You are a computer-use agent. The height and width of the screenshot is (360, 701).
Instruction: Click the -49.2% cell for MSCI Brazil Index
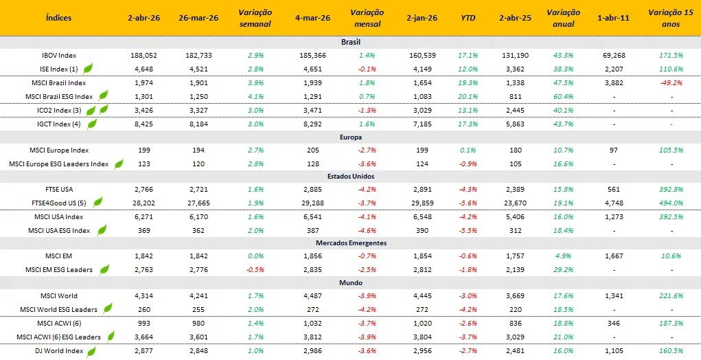671,83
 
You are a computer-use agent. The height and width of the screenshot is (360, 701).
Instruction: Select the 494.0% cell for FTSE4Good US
671,203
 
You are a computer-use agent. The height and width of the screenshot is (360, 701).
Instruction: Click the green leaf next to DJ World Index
90,352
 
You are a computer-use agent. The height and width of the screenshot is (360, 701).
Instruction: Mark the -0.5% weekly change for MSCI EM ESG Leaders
254,269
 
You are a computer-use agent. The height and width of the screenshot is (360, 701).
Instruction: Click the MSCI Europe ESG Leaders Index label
58,164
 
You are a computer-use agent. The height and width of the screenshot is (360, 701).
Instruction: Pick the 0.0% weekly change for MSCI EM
254,256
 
